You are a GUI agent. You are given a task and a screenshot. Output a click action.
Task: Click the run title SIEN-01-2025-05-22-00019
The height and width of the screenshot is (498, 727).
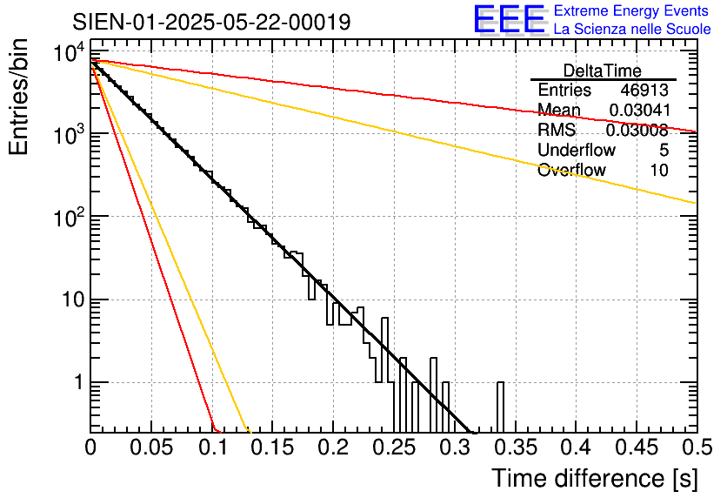pos(211,22)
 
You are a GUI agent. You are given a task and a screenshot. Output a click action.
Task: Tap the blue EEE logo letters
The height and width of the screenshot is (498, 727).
pos(510,18)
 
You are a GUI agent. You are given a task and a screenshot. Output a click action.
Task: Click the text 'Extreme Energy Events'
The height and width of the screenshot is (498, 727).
pos(631,10)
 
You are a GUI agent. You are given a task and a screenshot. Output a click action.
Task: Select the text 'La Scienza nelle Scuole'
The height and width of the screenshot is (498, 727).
pos(632,29)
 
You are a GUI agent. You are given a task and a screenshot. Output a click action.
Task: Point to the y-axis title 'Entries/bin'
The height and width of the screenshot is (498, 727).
pos(18,97)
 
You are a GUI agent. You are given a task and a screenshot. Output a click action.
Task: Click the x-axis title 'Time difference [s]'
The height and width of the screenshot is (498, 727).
pos(595,478)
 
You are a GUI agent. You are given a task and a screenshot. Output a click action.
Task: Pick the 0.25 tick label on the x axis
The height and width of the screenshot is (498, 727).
pos(394,448)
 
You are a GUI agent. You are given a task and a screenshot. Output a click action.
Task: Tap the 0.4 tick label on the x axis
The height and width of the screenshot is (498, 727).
pos(577,448)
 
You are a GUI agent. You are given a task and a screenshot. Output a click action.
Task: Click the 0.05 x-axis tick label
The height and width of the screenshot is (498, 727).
pos(151,448)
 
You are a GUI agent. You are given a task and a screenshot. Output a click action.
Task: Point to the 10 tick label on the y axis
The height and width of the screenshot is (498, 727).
pos(74,299)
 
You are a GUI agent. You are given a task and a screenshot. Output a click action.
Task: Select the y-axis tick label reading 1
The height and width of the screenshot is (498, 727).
pos(79,382)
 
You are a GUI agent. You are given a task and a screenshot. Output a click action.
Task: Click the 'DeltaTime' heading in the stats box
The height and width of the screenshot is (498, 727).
pos(603,71)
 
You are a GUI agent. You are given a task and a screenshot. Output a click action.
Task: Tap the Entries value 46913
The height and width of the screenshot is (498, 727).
pos(644,90)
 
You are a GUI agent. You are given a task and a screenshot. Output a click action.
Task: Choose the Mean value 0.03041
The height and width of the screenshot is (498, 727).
pos(640,110)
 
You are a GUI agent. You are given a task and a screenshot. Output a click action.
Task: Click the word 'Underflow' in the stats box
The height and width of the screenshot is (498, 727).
pos(577,150)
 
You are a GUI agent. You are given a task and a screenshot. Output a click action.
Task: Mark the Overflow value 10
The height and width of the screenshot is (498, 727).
pos(659,171)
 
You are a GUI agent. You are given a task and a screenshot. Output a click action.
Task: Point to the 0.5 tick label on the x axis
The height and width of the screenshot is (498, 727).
pos(697,448)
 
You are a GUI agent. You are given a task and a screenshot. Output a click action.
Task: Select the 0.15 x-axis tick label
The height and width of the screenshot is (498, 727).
pos(273,448)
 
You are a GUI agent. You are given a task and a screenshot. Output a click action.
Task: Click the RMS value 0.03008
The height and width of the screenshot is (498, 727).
pos(637,130)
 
